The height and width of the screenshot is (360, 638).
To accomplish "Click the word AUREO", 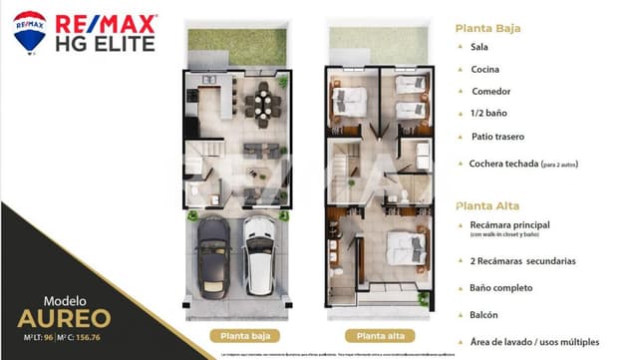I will [x=64, y=319].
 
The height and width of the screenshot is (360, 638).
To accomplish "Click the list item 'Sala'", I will [x=478, y=46].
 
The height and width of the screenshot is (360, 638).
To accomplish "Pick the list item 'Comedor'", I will [x=490, y=92].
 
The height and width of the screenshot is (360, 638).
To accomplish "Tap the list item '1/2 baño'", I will [x=489, y=114].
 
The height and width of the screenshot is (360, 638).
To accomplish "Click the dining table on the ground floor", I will [x=264, y=102].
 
